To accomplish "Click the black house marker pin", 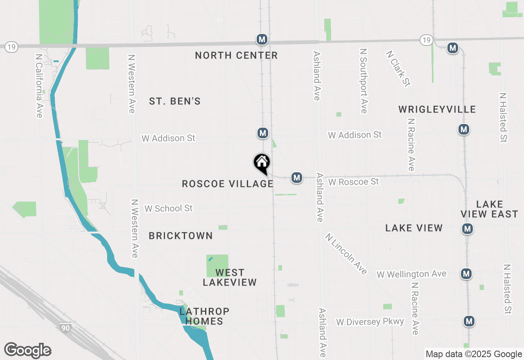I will point(262,163).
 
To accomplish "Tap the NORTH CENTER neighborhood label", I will point(236,55).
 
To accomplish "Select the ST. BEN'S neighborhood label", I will point(175,101).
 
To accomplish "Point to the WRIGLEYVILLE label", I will point(437,109).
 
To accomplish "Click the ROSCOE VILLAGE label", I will point(228,184).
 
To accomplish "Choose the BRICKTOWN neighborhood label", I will point(181,236).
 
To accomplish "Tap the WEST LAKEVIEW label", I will point(230,277).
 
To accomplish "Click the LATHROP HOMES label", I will point(204,316).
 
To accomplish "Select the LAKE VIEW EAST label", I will point(489,209).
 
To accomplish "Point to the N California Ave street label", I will point(39,86).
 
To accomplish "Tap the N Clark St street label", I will point(398,68).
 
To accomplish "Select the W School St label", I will point(168,208).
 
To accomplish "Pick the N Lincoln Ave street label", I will point(346,254).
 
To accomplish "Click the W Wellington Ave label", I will point(411,274).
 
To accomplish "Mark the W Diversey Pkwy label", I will point(370,322).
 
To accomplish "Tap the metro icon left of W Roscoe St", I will point(297,178).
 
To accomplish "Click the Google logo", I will point(27,351).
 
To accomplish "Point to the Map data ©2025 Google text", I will point(474,354).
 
